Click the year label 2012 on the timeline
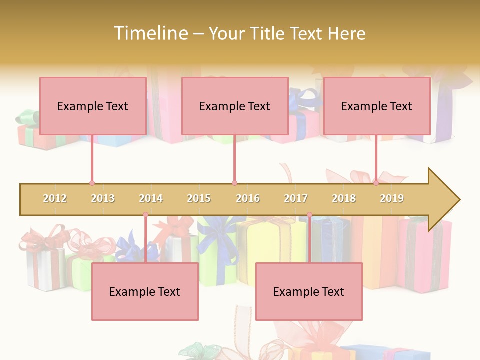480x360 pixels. click(55, 199)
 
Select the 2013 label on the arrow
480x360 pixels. click(103, 199)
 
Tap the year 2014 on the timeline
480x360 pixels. click(151, 199)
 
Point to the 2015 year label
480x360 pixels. click(199, 199)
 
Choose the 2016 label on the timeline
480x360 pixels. click(248, 199)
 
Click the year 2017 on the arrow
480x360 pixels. click(296, 199)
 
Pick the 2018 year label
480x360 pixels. click(344, 199)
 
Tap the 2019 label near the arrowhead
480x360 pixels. click(392, 199)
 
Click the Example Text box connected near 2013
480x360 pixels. click(93, 106)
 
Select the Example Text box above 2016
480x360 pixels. click(235, 106)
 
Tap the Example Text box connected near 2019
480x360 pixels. click(377, 106)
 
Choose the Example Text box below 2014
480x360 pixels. click(145, 291)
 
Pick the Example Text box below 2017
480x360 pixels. click(309, 291)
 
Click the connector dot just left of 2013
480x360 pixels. click(92, 183)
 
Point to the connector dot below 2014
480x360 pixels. click(145, 215)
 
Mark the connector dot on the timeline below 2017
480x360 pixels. click(309, 215)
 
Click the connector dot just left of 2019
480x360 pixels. click(376, 183)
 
